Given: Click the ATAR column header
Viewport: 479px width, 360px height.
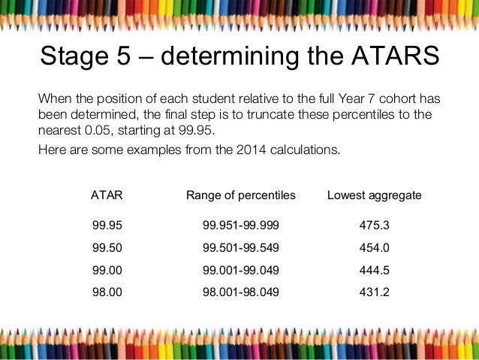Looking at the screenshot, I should pos(107,195).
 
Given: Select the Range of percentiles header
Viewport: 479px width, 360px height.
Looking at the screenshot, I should pos(241,195).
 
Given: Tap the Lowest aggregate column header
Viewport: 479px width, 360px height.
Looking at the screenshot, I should pos(375,195).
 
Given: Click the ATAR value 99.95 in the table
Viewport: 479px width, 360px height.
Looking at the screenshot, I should pos(107,225).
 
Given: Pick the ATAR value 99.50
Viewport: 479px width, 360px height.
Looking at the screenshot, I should pos(107,247).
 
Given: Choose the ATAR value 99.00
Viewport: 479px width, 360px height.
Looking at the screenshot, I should pos(107,270).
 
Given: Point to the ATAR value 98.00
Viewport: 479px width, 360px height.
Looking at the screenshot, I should pos(107,292).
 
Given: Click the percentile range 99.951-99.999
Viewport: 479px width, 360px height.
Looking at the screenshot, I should pos(240,225).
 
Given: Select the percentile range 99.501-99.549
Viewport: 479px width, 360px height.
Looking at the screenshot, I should pos(240,247).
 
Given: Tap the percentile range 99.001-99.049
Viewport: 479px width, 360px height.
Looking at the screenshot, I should pos(240,270).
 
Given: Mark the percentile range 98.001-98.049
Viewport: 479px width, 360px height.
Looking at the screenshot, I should pos(240,292).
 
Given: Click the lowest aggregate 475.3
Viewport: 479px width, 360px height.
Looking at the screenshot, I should pos(375,225).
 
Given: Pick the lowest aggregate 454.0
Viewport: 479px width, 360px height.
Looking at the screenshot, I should pos(375,247).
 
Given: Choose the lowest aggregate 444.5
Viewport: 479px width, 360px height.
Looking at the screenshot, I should pos(375,270).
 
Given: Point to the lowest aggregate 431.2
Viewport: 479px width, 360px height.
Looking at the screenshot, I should pos(375,292).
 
